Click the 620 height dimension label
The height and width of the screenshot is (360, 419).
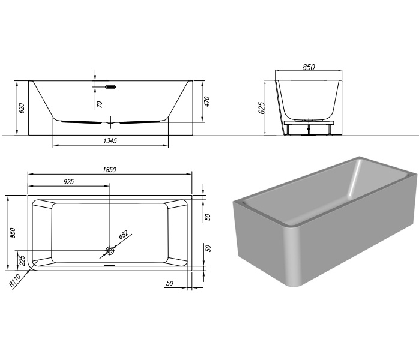[22, 108]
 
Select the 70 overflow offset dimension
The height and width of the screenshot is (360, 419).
[100, 104]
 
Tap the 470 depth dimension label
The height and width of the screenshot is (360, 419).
[207, 101]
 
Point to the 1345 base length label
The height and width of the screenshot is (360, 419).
[110, 140]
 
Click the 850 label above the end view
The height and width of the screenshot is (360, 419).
[309, 67]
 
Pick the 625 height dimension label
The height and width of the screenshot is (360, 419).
[262, 108]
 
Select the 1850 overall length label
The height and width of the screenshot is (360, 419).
[110, 170]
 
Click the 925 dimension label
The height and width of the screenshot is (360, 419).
[68, 182]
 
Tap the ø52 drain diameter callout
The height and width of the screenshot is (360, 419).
[124, 235]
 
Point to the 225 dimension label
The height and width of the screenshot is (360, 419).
[22, 260]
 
